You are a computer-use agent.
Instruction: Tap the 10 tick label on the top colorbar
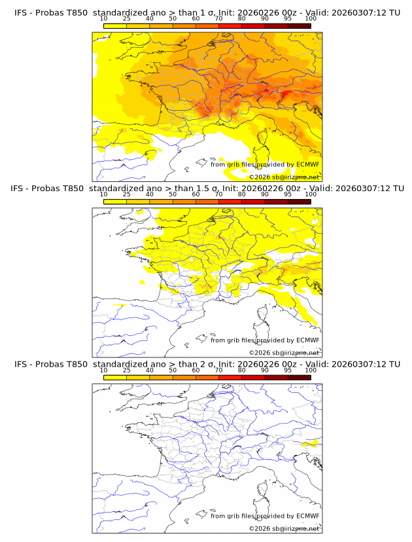103,19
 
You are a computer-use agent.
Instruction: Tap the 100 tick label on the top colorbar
311,19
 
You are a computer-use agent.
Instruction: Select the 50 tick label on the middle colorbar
173,194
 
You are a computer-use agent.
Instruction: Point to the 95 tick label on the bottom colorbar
288,370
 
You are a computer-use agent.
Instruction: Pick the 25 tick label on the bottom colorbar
126,370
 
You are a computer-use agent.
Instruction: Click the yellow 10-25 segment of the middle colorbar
115,202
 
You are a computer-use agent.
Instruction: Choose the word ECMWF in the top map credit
307,164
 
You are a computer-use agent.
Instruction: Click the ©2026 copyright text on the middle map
260,353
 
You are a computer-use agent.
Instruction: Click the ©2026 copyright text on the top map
260,177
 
